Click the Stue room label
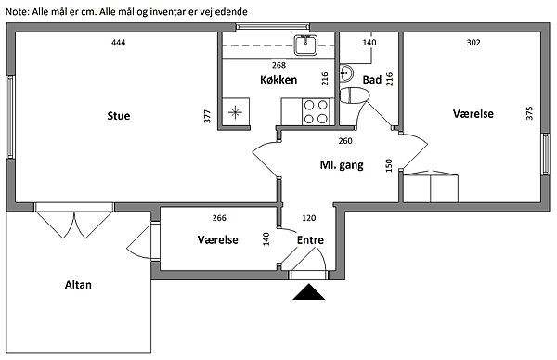pyautogui.click(x=119, y=116)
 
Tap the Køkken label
pyautogui.click(x=278, y=80)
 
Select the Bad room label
pyautogui.click(x=372, y=80)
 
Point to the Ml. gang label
pyautogui.click(x=342, y=165)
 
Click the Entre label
pyautogui.click(x=310, y=240)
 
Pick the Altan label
pyautogui.click(x=78, y=285)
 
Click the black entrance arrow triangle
pyautogui.click(x=309, y=292)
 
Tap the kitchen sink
pyautogui.click(x=305, y=45)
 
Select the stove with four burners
pyautogui.click(x=316, y=112)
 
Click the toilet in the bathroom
pyautogui.click(x=355, y=96)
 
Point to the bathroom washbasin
pyautogui.click(x=346, y=73)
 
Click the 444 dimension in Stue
pyautogui.click(x=118, y=43)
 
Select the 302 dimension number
pyautogui.click(x=473, y=43)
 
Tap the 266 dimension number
pyautogui.click(x=219, y=218)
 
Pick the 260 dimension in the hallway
pyautogui.click(x=345, y=141)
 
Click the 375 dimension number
pyautogui.click(x=529, y=113)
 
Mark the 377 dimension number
pyautogui.click(x=207, y=117)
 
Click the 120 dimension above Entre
pyautogui.click(x=309, y=218)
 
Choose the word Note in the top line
pyautogui.click(x=17, y=12)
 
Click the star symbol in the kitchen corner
pyautogui.click(x=235, y=112)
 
